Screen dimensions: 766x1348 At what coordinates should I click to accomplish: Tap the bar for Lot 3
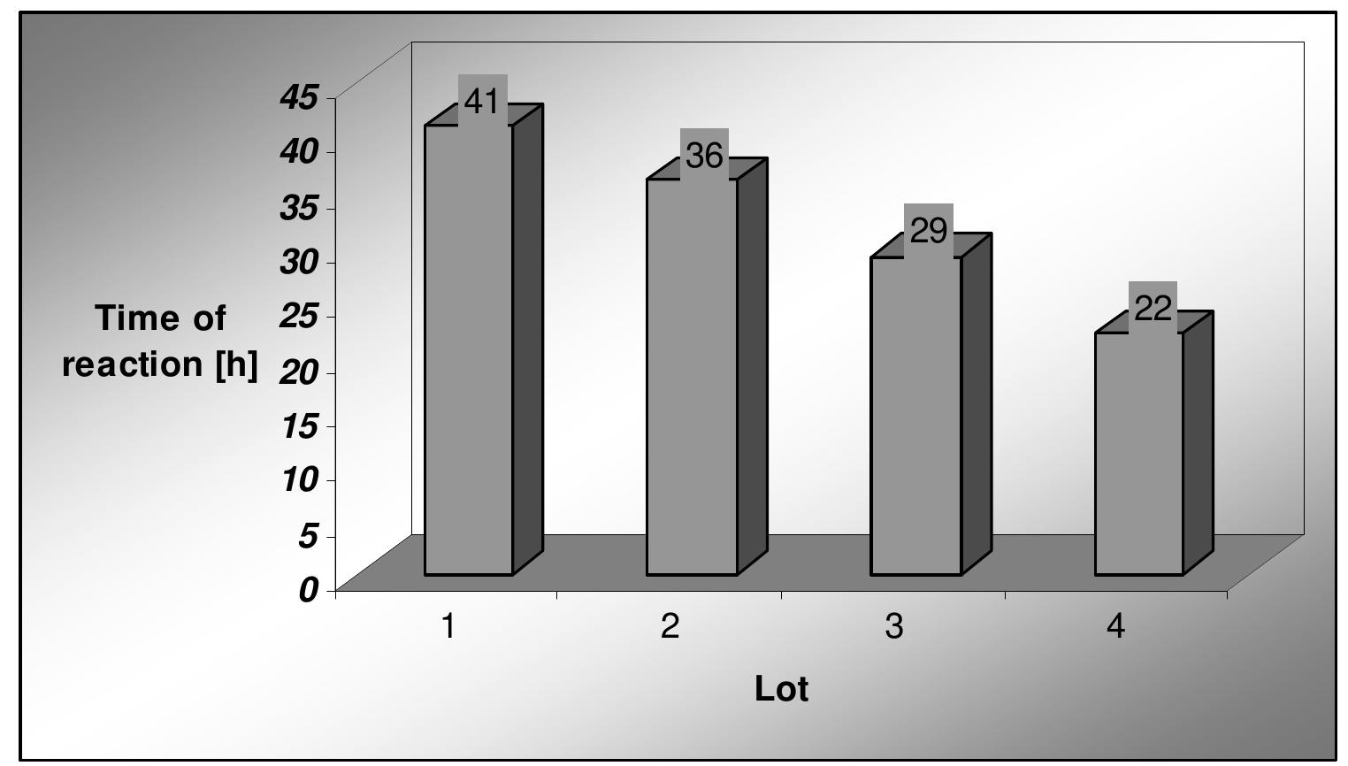point(915,416)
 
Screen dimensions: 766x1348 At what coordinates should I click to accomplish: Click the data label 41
point(482,102)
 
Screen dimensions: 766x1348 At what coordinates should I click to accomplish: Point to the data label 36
point(705,157)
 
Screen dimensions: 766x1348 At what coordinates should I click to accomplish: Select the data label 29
point(929,232)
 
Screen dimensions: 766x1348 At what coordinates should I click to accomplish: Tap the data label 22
point(1153,309)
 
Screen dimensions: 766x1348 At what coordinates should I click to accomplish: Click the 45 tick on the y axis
point(298,98)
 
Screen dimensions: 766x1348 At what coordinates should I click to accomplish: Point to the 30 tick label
point(298,263)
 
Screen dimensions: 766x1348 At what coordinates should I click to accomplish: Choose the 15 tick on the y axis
point(298,427)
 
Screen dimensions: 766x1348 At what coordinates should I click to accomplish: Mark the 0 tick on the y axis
point(308,590)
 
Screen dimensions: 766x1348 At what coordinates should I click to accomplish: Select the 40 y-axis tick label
point(298,153)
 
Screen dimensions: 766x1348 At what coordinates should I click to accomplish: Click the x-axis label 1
point(449,627)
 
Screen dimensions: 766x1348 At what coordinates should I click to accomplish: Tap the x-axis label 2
point(670,627)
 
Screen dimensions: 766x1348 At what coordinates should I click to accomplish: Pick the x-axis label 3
point(894,627)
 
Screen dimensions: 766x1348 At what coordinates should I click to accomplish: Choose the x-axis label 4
point(1116,627)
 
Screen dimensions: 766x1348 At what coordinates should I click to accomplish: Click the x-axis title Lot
point(782,689)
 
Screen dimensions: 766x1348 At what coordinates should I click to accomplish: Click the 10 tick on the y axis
point(298,481)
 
